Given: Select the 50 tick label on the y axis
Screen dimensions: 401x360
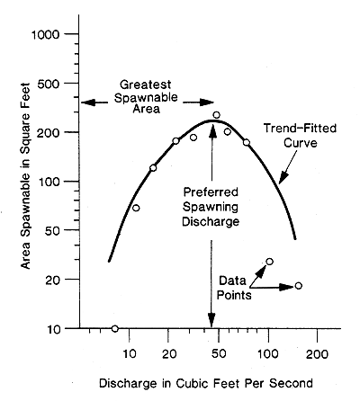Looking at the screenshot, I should (53, 230).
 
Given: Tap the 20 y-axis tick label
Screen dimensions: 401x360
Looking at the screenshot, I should (53, 280).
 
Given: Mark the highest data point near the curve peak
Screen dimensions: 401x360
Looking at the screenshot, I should (216, 115).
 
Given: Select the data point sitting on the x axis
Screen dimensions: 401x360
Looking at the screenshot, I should (114, 328).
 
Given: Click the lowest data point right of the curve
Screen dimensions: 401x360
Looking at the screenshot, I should (298, 286).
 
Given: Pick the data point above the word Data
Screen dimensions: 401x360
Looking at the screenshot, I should (269, 262).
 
